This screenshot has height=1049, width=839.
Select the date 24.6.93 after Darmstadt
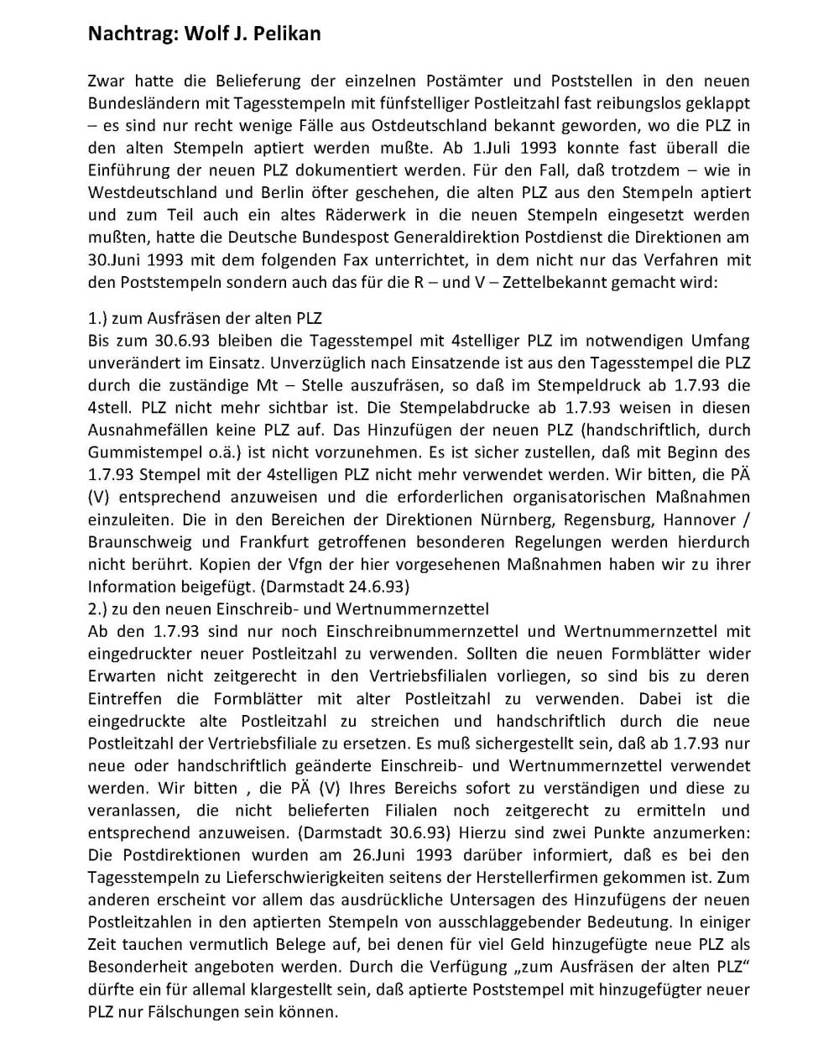(376, 587)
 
